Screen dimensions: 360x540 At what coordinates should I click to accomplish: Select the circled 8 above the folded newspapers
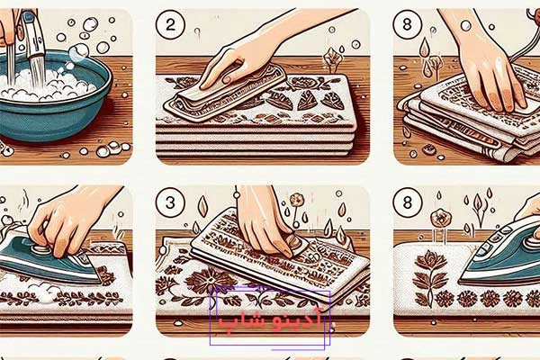(410, 24)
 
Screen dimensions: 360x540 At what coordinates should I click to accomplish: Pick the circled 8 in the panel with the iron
(410, 202)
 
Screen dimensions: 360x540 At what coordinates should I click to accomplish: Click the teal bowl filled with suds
(54, 99)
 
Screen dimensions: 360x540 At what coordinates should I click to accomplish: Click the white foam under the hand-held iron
(45, 292)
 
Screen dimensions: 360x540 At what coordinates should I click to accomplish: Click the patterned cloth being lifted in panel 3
(261, 256)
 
